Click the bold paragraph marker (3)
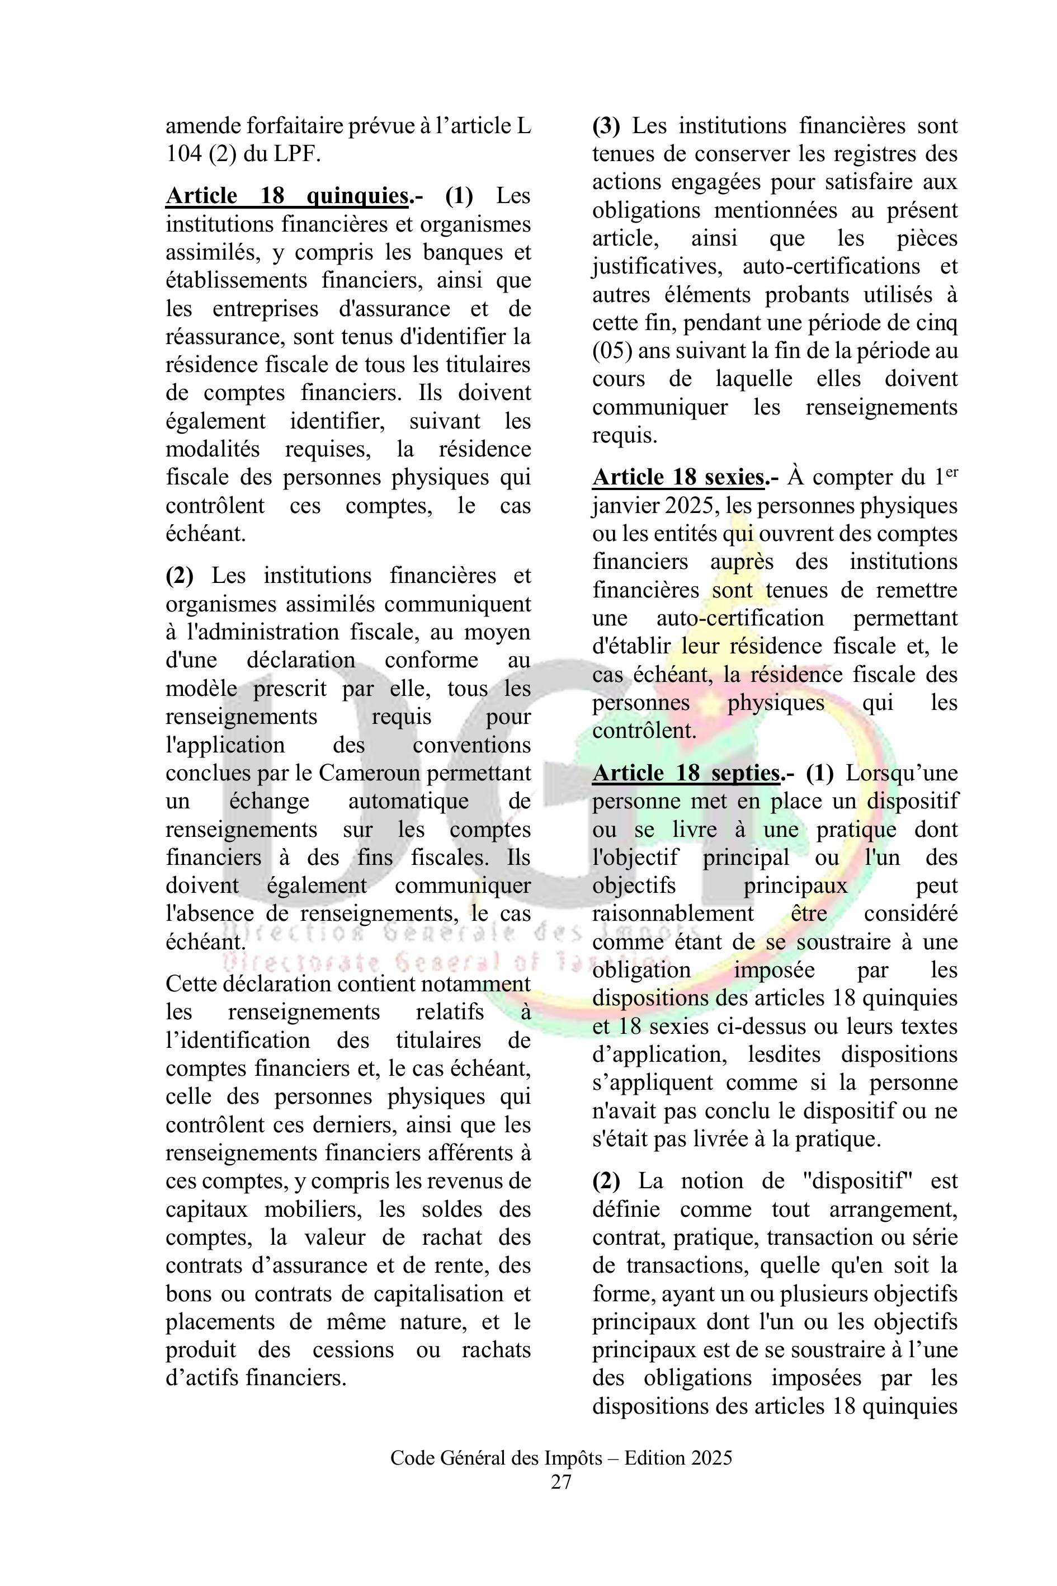pyautogui.click(x=606, y=126)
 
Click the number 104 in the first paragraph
pyautogui.click(x=183, y=154)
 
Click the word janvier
pyautogui.click(x=624, y=506)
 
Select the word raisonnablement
pyautogui.click(x=673, y=914)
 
